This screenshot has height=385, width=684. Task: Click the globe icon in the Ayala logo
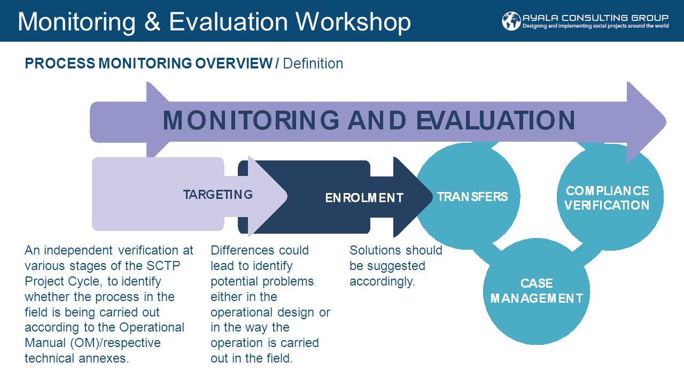511,21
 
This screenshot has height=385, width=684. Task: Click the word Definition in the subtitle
313,64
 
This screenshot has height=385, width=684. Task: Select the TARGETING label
218,195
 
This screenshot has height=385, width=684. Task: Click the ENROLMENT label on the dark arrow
364,198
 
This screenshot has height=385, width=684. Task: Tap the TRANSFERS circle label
472,197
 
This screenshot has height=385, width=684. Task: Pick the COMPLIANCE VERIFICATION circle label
607,198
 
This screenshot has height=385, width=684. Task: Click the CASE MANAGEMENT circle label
537,291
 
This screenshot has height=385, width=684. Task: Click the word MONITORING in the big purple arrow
251,121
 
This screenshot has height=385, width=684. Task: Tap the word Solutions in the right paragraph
376,250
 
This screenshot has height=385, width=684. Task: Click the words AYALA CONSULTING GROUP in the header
595,17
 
